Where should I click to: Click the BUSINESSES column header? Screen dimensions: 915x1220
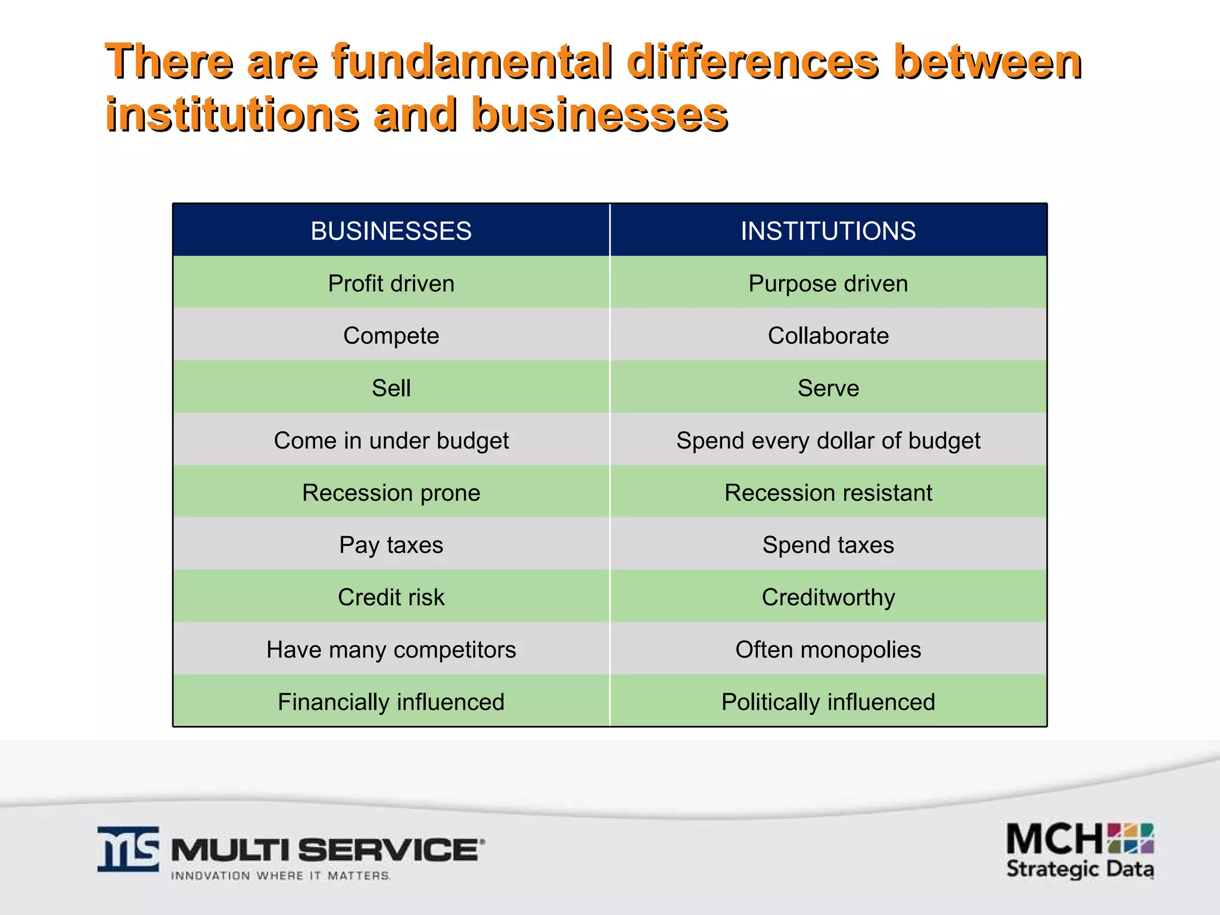[x=391, y=231]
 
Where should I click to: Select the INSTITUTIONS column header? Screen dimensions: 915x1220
[x=828, y=231]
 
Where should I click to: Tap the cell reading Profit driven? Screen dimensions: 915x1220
[x=391, y=283]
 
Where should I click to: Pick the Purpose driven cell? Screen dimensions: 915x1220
[x=828, y=283]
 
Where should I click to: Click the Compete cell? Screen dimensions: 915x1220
[x=391, y=335]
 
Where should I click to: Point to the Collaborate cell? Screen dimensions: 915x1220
[x=828, y=335]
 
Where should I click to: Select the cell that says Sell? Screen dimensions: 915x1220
[x=391, y=388]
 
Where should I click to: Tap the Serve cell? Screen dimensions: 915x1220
[x=828, y=388]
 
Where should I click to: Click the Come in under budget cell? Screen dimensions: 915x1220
[x=391, y=440]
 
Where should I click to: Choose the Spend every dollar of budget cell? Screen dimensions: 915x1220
[x=828, y=440]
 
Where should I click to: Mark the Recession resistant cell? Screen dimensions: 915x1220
[x=828, y=493]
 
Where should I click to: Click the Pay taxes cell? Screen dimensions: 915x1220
[x=391, y=545]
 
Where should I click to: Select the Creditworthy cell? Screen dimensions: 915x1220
[x=828, y=597]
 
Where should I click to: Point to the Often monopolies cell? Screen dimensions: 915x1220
[x=828, y=649]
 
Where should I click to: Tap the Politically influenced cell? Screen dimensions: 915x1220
[x=828, y=702]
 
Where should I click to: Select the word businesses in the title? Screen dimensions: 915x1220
[x=599, y=114]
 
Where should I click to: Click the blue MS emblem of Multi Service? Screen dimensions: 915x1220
[x=128, y=848]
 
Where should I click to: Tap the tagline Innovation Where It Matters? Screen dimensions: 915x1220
[x=280, y=876]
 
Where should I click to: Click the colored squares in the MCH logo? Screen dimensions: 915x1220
[x=1130, y=838]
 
